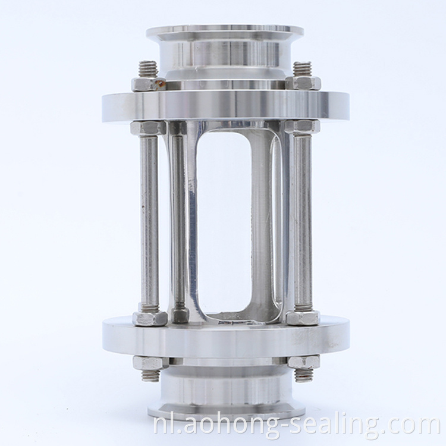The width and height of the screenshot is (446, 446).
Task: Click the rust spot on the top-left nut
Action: [161, 83]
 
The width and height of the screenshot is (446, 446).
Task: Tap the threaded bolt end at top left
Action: [148, 70]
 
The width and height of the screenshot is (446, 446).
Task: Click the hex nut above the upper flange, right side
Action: [303, 84]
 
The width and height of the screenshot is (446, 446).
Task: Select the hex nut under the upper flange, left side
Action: [148, 127]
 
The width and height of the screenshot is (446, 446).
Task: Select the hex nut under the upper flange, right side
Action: [302, 127]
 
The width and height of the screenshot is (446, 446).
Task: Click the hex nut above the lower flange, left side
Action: [150, 319]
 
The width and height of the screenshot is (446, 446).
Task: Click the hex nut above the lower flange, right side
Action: [303, 318]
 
